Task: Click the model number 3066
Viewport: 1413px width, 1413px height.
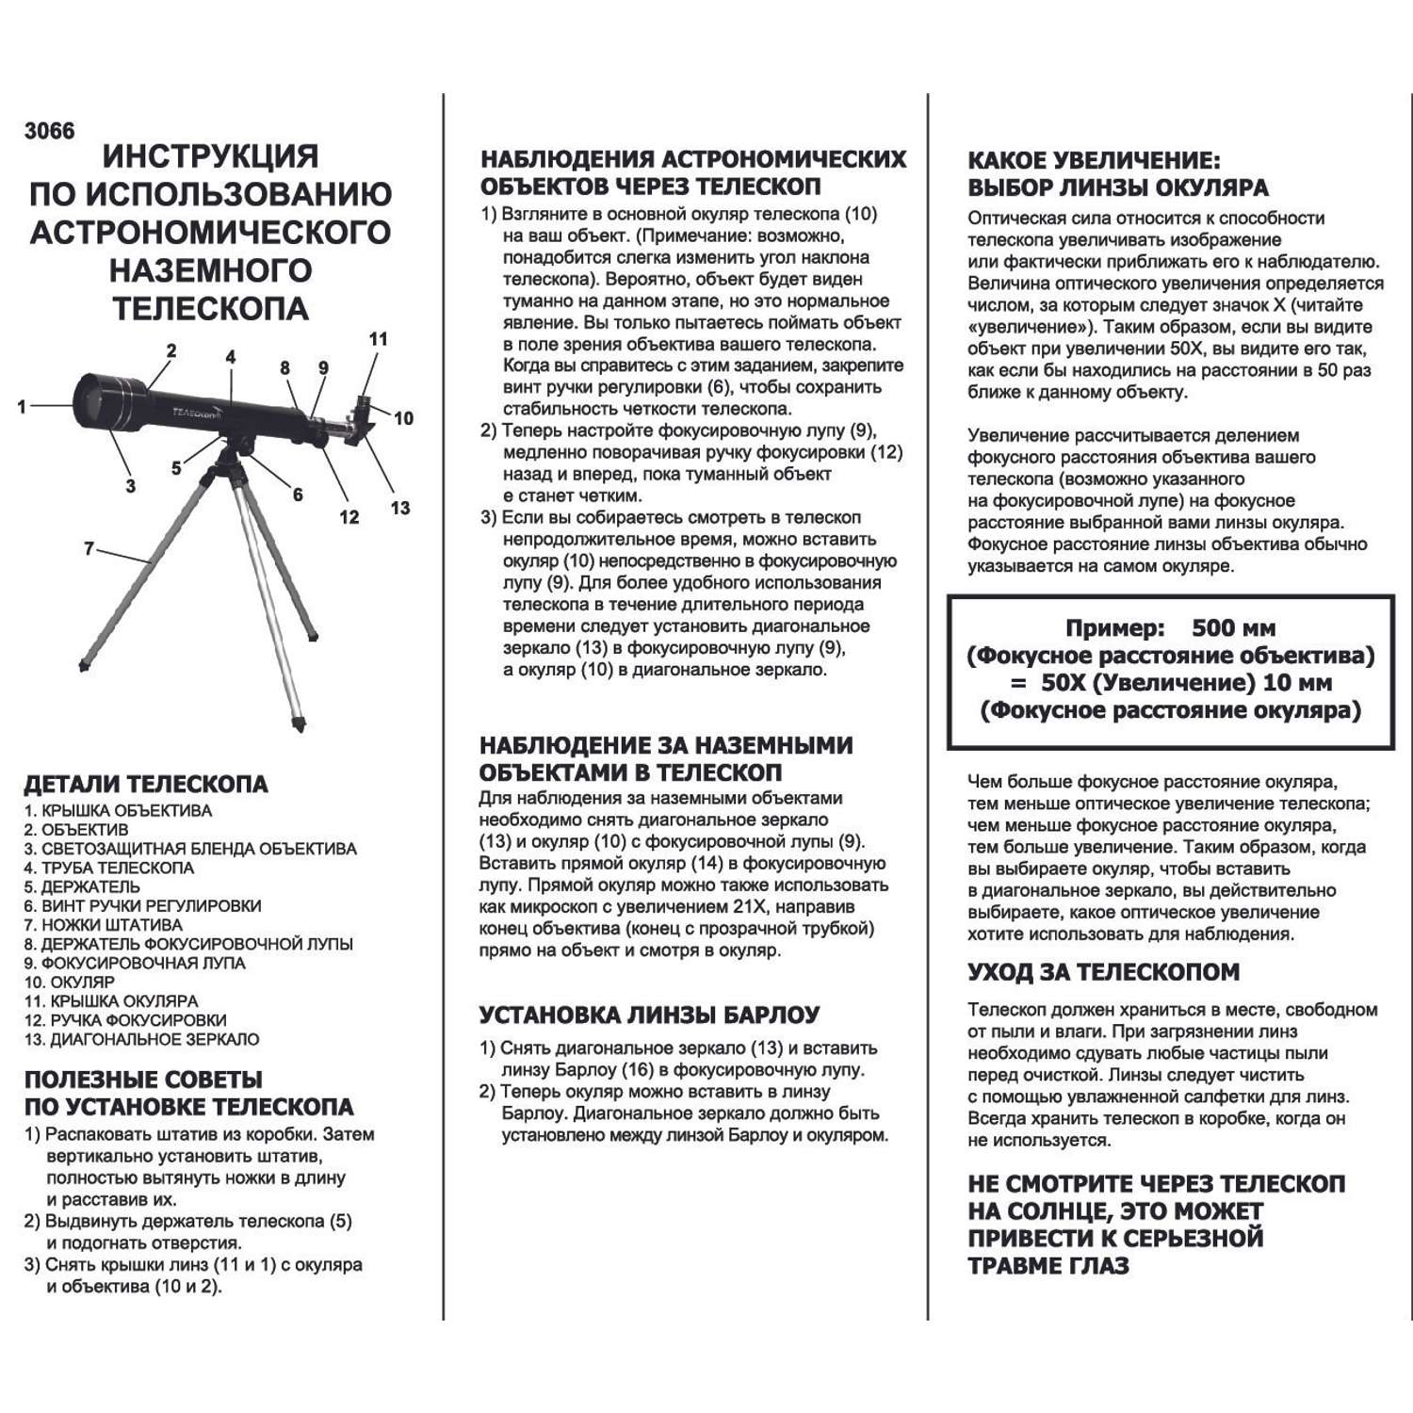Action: pos(49,131)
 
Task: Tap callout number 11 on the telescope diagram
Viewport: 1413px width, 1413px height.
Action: pos(378,339)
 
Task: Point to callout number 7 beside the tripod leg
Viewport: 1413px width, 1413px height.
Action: pos(89,548)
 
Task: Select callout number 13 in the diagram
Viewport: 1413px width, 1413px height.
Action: pos(400,509)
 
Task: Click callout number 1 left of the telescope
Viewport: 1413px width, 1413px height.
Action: pos(22,407)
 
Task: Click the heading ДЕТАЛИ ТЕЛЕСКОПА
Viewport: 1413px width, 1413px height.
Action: pos(146,784)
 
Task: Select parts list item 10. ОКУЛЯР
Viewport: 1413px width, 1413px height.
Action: pos(70,982)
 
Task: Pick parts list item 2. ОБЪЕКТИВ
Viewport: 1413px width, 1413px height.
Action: pos(76,830)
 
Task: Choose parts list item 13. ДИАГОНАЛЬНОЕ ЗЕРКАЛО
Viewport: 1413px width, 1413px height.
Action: pos(142,1039)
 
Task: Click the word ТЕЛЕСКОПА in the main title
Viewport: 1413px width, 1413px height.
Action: pos(210,308)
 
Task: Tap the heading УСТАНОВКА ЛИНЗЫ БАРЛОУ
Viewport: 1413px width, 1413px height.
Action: pos(649,1015)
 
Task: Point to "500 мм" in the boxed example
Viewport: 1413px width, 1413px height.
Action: pos(1233,628)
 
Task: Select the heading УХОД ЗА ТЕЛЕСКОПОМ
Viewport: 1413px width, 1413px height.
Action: pos(1103,972)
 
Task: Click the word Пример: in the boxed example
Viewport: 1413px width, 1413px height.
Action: pos(1115,628)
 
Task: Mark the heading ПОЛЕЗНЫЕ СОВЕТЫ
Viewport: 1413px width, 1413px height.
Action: pos(143,1080)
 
